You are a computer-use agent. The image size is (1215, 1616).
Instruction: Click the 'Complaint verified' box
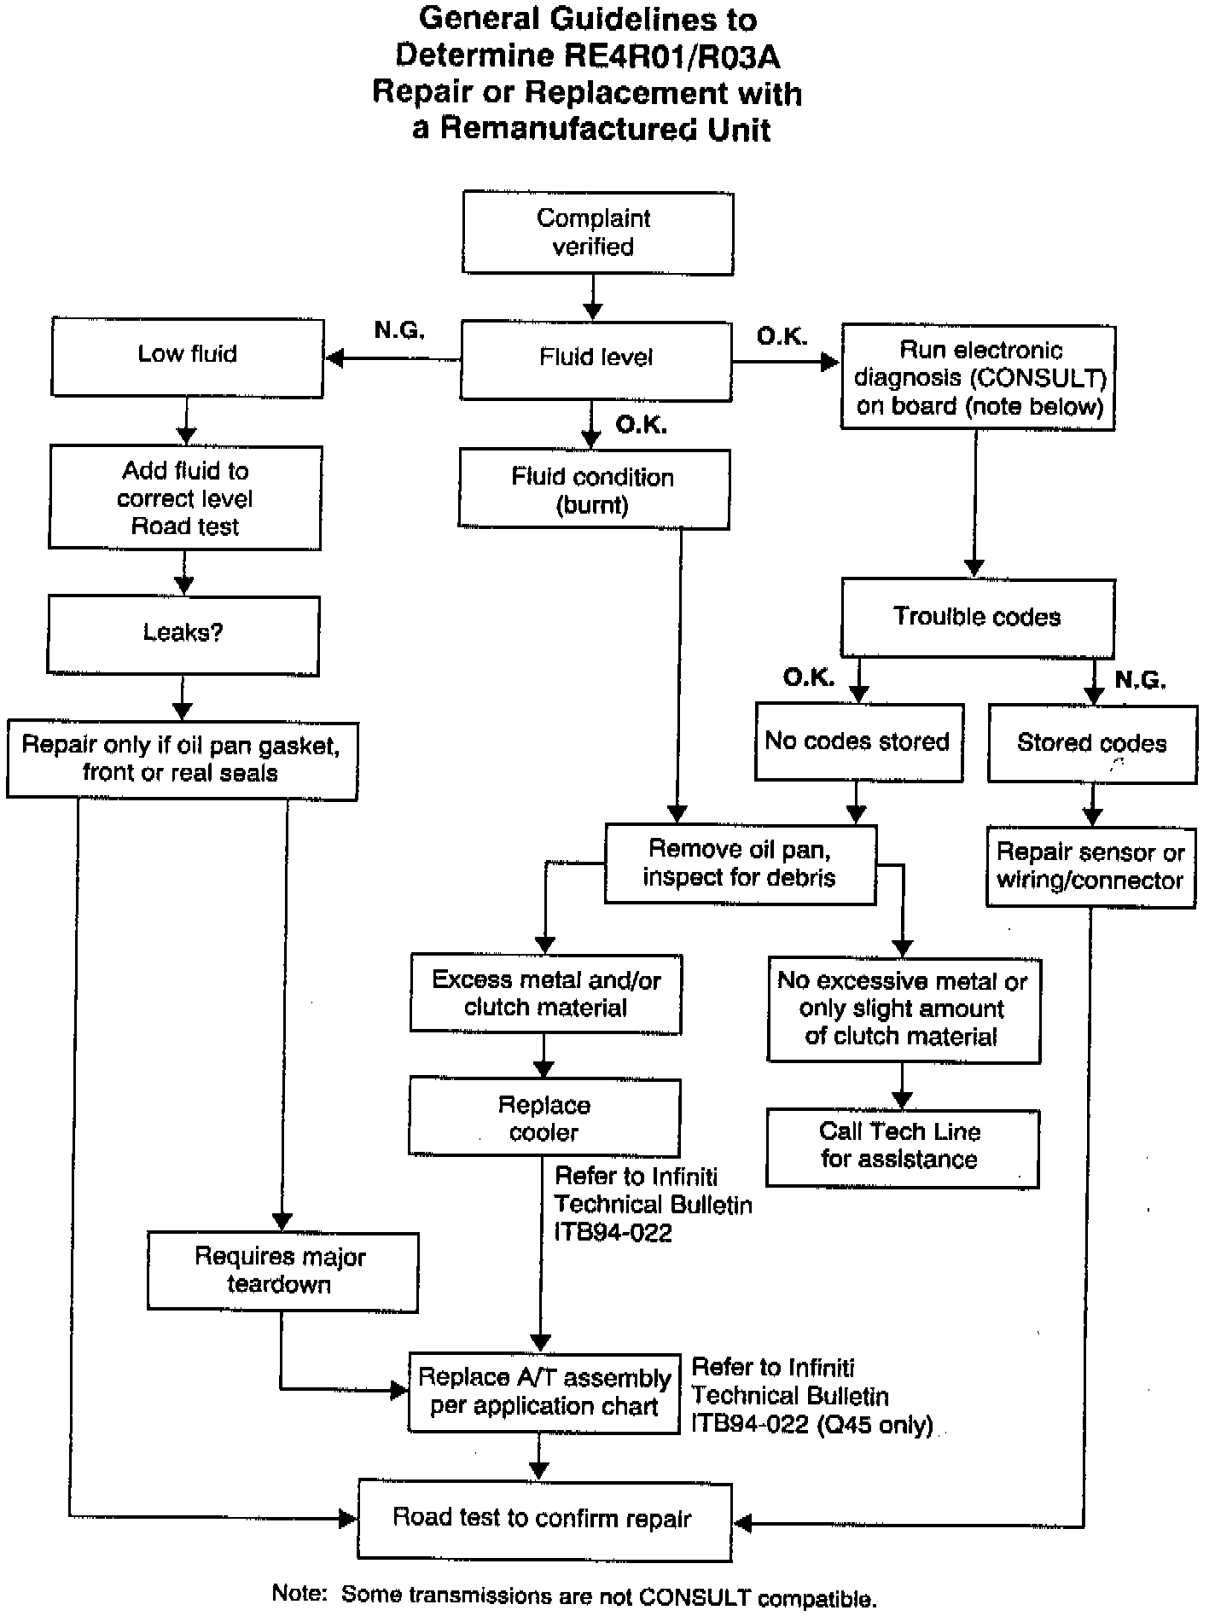(597, 233)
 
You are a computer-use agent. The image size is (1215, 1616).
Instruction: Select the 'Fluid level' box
(596, 359)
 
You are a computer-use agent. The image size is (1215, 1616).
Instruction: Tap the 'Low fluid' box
(187, 357)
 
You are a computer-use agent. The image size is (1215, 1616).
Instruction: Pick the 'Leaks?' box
(183, 635)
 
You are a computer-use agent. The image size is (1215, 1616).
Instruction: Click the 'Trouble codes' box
(977, 618)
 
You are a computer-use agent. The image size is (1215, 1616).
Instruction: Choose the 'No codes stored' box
(857, 741)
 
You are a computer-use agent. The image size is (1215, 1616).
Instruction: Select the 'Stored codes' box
(1091, 743)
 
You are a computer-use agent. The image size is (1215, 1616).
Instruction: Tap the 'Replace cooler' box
(544, 1118)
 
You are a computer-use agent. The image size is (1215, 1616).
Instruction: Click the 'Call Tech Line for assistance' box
(901, 1147)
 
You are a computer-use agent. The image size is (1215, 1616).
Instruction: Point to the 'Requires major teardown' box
(282, 1270)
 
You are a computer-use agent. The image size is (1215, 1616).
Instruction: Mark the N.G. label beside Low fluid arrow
(399, 330)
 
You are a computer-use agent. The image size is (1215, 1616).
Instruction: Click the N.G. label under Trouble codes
(1140, 681)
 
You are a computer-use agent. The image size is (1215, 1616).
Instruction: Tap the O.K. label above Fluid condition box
(641, 426)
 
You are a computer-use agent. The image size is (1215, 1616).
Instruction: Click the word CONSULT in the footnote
(695, 1596)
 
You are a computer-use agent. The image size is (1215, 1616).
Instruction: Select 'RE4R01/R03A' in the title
(671, 56)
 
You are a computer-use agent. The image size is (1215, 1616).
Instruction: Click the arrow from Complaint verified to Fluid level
(593, 298)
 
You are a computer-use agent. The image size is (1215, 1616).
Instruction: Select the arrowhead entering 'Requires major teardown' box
(282, 1222)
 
